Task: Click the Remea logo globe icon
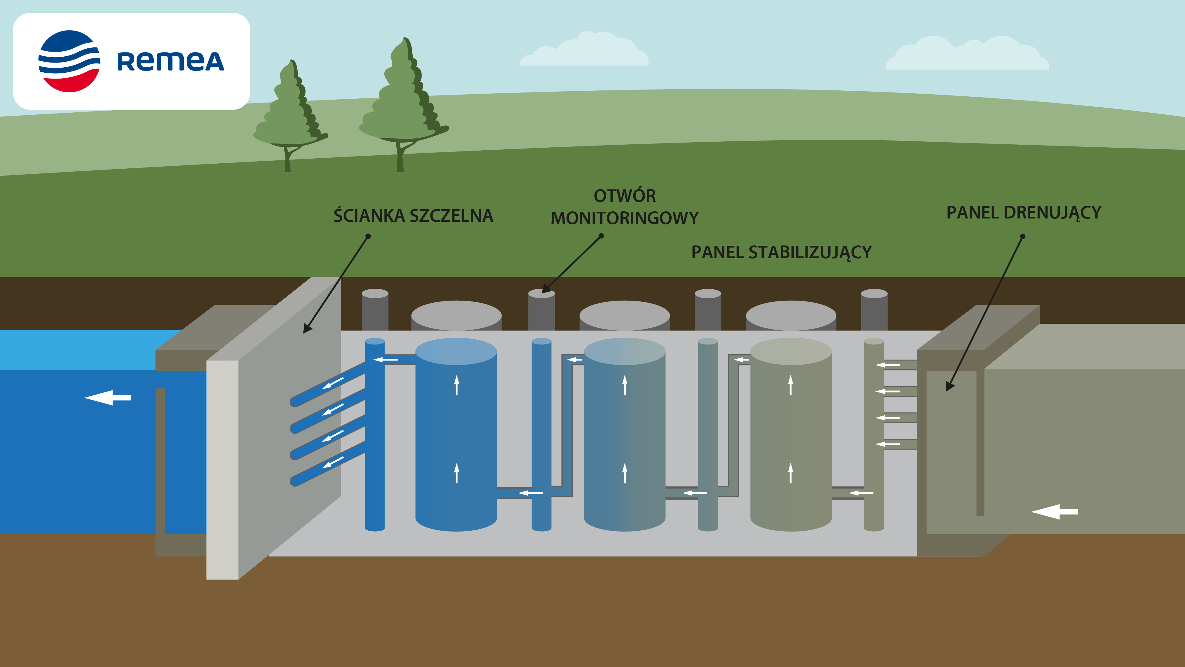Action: click(x=69, y=61)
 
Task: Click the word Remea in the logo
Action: click(x=170, y=62)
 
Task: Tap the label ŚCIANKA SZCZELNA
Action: click(x=413, y=216)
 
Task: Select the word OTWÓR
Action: click(x=625, y=196)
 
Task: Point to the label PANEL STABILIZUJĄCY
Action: click(x=781, y=252)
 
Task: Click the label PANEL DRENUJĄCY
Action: click(x=1024, y=213)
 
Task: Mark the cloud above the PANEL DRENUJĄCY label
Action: click(x=966, y=55)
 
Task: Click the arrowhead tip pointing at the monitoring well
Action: click(x=543, y=292)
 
